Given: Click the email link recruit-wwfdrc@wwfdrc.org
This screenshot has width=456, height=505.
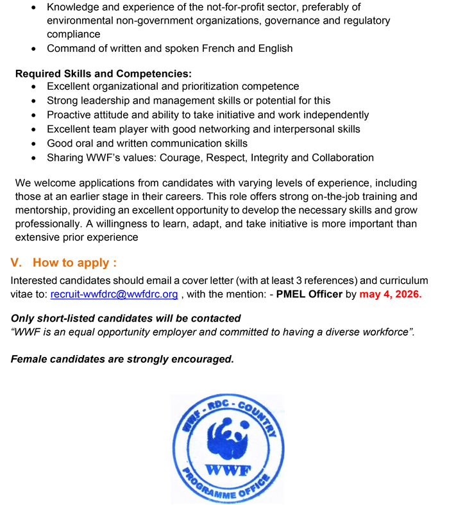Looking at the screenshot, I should click(x=114, y=295).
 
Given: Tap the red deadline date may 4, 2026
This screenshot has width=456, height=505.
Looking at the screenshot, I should click(x=390, y=295).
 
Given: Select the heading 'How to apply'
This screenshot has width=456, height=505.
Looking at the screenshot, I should click(x=74, y=263).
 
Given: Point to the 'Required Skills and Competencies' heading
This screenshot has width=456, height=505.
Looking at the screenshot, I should click(x=103, y=74).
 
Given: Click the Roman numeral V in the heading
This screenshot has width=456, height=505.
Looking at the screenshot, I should click(x=17, y=263).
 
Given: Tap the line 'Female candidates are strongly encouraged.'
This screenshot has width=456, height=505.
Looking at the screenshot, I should click(x=122, y=359).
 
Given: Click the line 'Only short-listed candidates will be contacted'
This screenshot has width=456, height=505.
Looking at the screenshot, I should click(x=126, y=319).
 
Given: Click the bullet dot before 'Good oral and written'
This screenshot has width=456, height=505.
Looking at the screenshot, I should click(x=33, y=144).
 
